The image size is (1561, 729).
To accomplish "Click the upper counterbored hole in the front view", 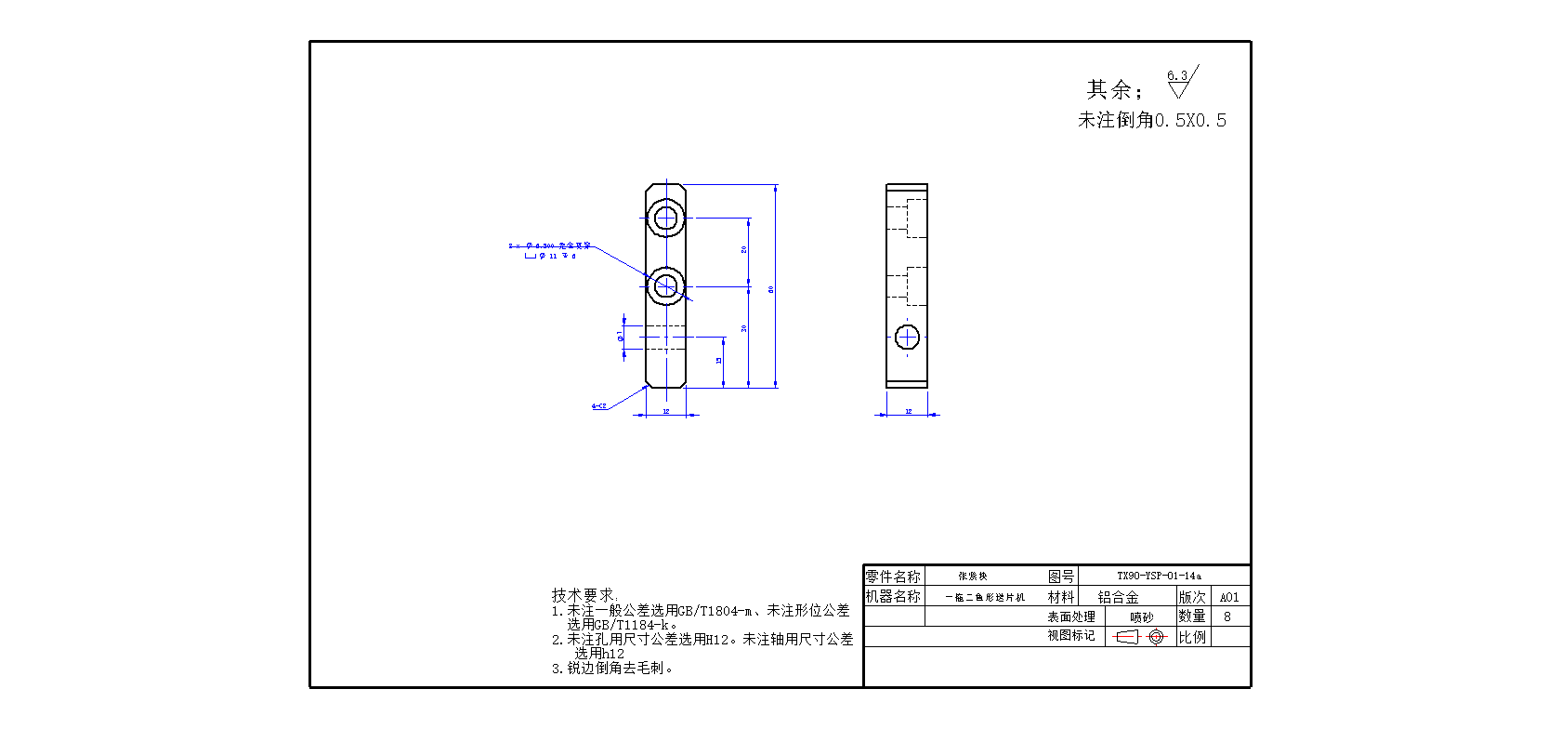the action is (665, 219).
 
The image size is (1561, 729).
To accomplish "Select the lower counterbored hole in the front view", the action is (665, 285).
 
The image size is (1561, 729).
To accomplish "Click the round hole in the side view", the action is (907, 337).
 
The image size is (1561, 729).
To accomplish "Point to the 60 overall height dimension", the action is (771, 289).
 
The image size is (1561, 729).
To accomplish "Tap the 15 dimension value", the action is (718, 361).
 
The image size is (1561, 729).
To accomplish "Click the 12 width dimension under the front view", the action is (665, 411).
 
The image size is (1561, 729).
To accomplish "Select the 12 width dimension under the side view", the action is (908, 411).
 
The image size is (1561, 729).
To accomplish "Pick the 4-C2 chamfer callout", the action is (599, 406).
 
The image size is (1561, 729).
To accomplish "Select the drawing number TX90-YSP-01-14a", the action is (1159, 576).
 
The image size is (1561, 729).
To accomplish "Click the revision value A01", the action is (1229, 597).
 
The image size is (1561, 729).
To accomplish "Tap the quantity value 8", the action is (1227, 616).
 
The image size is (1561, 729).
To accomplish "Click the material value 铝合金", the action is (1118, 597).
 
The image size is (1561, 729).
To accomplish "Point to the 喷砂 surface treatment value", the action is (1141, 617).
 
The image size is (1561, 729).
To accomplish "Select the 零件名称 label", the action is (893, 577).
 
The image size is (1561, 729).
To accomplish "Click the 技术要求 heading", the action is (584, 595).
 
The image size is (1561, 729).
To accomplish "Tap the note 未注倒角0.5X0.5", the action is (1151, 120).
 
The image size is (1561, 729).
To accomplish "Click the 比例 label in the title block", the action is (1192, 637).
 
